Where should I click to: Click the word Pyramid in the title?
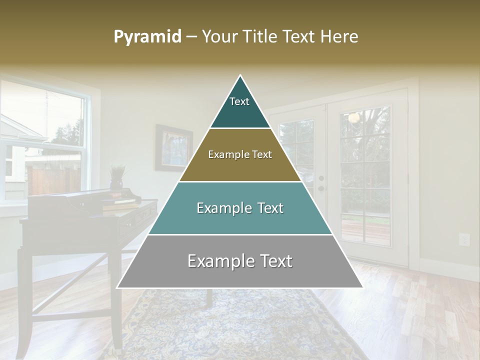point(147,37)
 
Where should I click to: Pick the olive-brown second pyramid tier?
point(240,155)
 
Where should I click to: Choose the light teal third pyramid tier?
point(240,208)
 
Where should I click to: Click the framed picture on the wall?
point(173,148)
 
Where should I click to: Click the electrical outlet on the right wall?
point(464,239)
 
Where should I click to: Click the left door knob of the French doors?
point(321,178)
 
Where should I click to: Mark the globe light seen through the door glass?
point(354,117)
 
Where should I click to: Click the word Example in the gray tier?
point(218,261)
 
